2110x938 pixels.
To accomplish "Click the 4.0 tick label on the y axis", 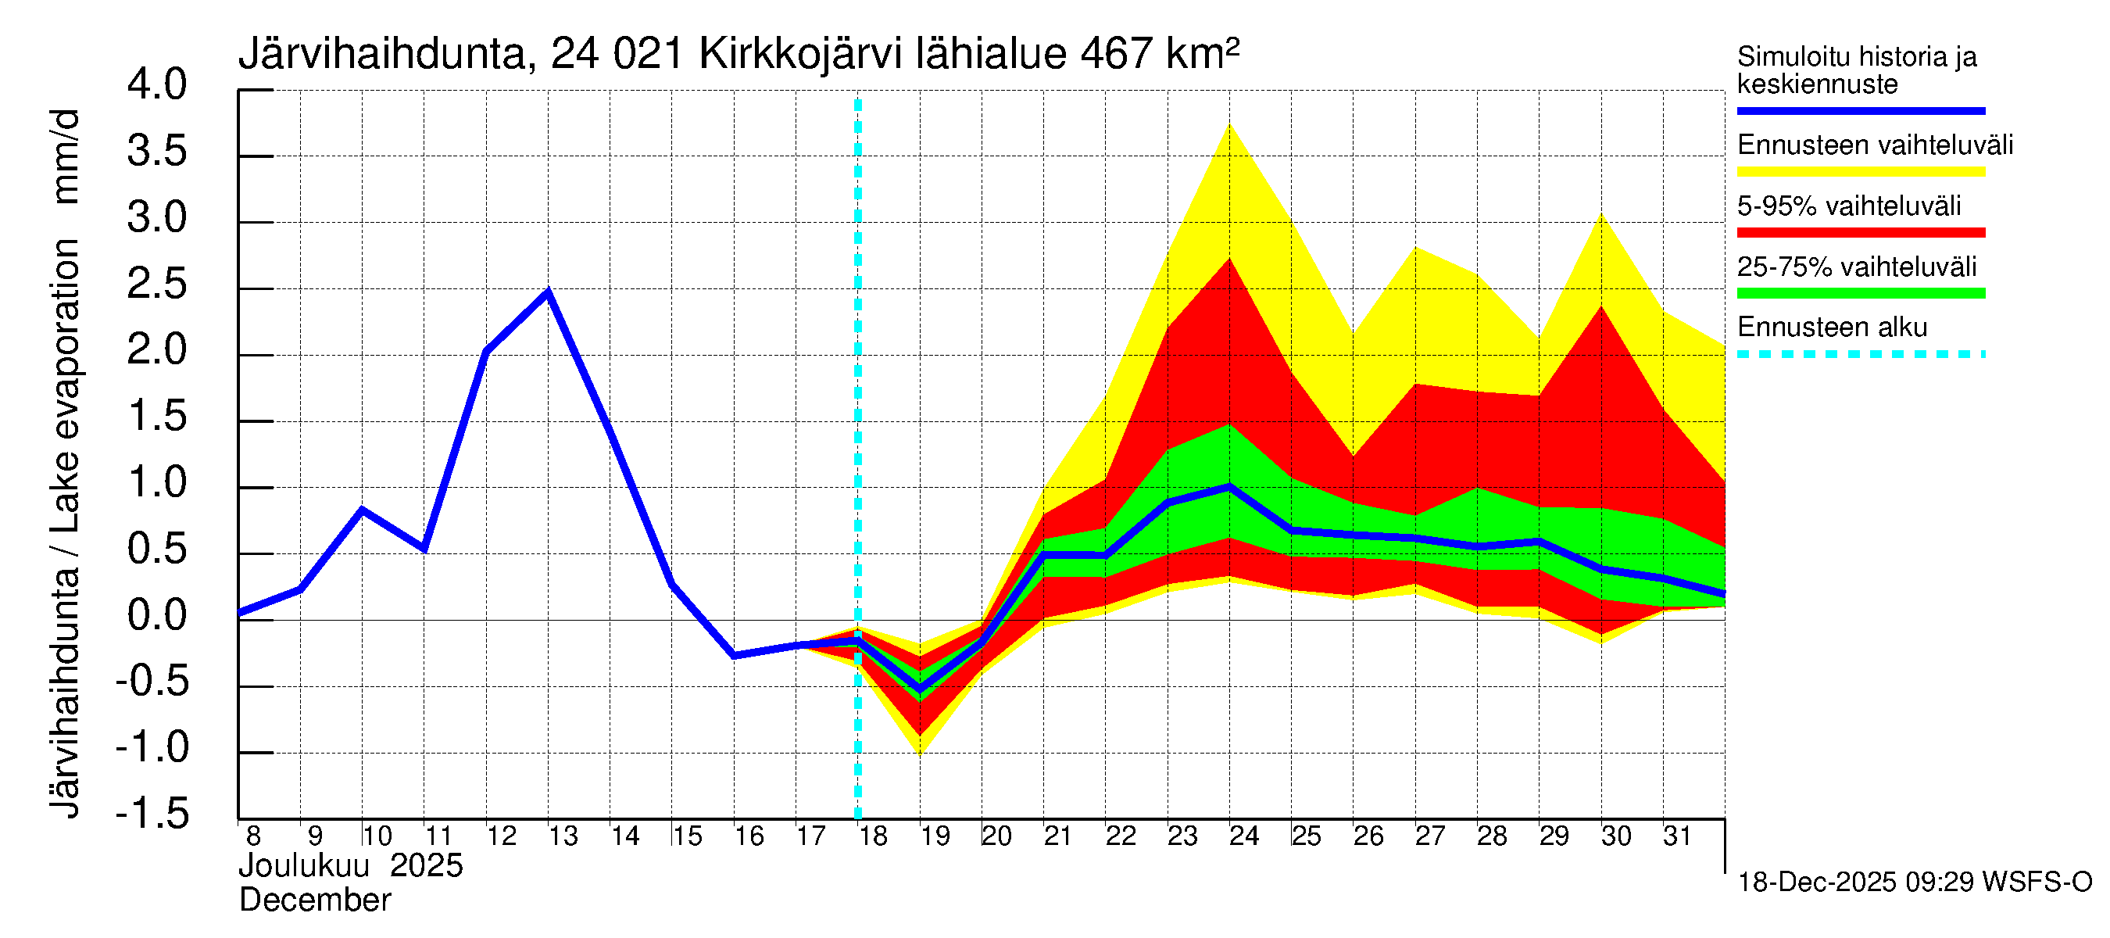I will [x=157, y=85].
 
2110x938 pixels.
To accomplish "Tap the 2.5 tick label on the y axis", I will [x=157, y=285].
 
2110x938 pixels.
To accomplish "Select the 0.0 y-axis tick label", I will [x=157, y=615].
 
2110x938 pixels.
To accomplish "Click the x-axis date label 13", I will [x=563, y=836].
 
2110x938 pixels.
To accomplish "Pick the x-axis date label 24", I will [x=1243, y=836].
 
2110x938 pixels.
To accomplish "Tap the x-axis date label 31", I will [x=1677, y=836].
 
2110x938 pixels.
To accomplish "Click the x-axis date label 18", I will [x=872, y=836].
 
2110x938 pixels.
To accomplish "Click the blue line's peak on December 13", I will [x=548, y=292].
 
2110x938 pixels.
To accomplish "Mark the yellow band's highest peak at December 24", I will [x=1229, y=124].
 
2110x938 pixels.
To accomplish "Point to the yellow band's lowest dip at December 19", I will [x=920, y=753].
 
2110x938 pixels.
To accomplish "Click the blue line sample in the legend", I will [x=1860, y=110].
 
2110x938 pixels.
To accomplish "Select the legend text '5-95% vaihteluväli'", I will [x=1849, y=206].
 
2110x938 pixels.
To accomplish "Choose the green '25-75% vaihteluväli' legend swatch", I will [x=1860, y=293].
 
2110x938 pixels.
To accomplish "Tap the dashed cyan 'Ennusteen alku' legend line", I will [x=1860, y=355].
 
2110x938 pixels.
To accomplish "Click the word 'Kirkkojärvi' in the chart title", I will [x=800, y=55].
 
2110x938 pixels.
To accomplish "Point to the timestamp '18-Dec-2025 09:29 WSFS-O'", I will [x=1914, y=883].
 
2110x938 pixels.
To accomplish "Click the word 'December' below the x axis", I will [x=314, y=900].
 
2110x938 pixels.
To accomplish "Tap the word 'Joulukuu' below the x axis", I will [x=303, y=866].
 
